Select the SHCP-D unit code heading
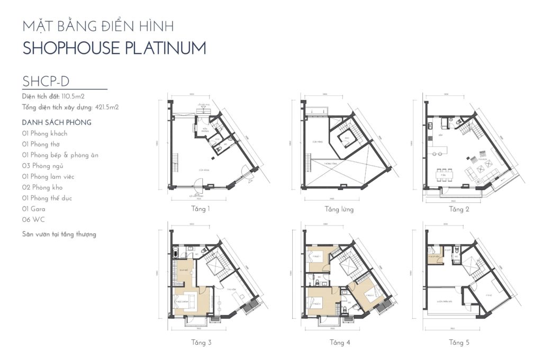[47, 81]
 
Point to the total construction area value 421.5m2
[106, 107]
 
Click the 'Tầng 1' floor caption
[201, 209]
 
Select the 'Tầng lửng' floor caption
[339, 209]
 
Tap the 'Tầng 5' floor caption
[459, 343]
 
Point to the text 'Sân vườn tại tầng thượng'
[59, 233]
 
